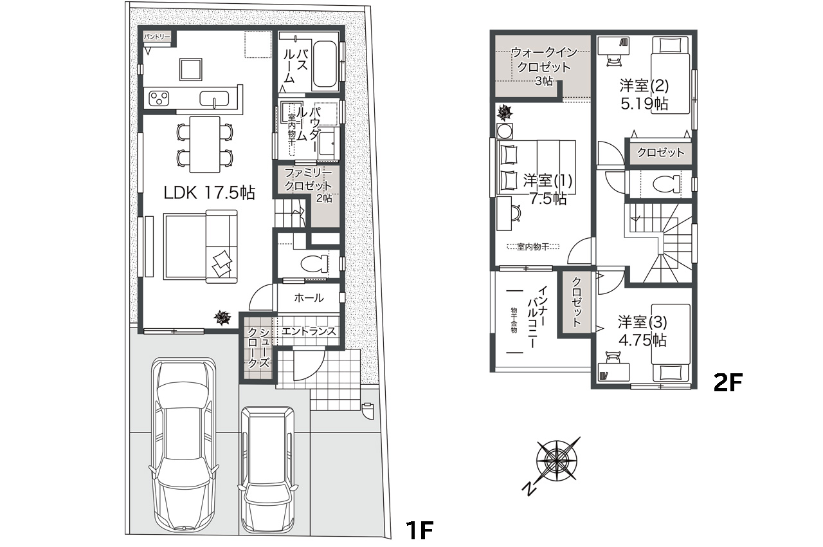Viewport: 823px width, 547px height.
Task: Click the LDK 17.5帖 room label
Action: (x=209, y=192)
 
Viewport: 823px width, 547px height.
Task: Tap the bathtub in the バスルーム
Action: (x=325, y=66)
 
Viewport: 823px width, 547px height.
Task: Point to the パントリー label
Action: (x=157, y=37)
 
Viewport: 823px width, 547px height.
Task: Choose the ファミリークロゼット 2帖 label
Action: (x=309, y=185)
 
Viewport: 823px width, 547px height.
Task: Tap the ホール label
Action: (x=309, y=298)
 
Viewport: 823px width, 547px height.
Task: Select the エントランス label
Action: (x=309, y=331)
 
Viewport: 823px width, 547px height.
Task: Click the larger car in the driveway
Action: (x=183, y=444)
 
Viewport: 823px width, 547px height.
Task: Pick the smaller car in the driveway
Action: (x=268, y=468)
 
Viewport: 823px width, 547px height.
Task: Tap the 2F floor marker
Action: (x=728, y=383)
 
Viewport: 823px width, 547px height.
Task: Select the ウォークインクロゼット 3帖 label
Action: (x=543, y=66)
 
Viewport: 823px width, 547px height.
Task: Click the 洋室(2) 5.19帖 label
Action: (x=644, y=93)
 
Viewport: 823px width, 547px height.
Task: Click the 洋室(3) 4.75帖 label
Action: (x=642, y=330)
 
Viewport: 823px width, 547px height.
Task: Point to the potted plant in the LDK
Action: (x=222, y=317)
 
